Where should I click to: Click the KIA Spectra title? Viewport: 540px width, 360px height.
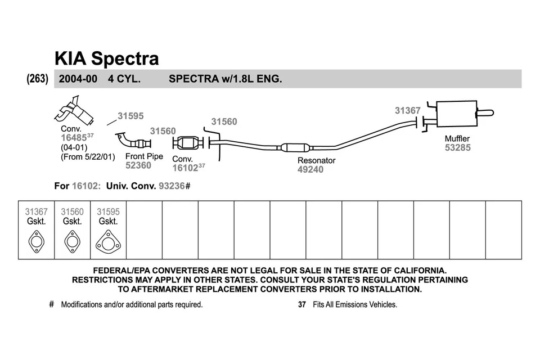[106, 58]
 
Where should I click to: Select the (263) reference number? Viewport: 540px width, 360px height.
[38, 79]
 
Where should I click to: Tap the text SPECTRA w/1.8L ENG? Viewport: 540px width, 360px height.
[225, 79]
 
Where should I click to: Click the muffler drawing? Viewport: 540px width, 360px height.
[456, 116]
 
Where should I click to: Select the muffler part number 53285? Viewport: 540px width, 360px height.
[457, 148]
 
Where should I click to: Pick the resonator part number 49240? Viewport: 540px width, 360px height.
[310, 169]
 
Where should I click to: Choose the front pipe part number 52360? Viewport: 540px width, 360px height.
[138, 165]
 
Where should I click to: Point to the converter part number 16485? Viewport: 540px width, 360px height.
[74, 137]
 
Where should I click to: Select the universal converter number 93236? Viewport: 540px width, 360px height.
[172, 186]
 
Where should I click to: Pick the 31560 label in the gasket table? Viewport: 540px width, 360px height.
[72, 212]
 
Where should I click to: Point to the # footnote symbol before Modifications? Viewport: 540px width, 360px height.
[51, 304]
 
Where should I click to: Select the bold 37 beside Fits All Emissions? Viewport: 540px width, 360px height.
[301, 304]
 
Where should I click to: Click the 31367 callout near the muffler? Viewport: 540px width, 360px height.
[407, 111]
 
